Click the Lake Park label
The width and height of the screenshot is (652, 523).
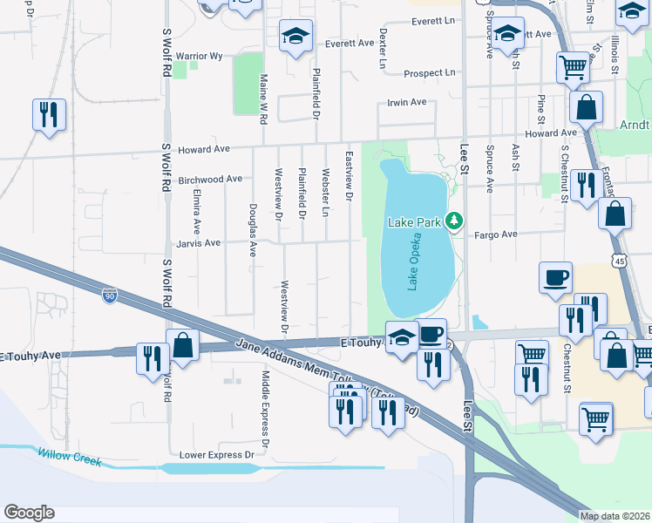(x=414, y=222)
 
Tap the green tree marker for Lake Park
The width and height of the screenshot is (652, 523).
(x=453, y=222)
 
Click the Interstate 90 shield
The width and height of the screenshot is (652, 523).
(x=109, y=296)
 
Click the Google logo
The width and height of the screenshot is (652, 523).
(x=29, y=512)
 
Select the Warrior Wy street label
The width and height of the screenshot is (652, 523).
(x=200, y=56)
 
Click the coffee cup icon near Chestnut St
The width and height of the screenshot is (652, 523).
(x=555, y=278)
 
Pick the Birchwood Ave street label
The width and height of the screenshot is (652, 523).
(x=209, y=180)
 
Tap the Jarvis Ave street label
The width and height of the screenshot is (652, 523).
(x=200, y=243)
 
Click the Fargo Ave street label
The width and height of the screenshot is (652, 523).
(x=496, y=234)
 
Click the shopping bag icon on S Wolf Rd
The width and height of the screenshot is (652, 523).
(x=183, y=344)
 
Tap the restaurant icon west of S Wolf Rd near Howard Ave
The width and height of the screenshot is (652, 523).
(x=48, y=114)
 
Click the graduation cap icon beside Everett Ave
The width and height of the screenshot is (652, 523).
(x=295, y=37)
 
